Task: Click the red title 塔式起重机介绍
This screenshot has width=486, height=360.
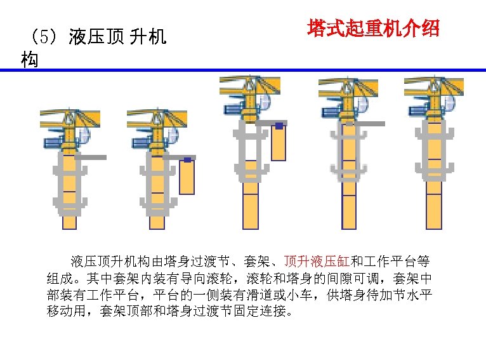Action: (x=373, y=29)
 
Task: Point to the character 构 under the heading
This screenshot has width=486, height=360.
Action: (x=29, y=60)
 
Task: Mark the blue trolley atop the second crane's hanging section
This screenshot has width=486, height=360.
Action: (x=187, y=159)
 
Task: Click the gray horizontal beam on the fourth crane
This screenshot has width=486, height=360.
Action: (x=371, y=124)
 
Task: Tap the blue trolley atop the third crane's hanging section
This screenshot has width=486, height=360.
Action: (x=279, y=126)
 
